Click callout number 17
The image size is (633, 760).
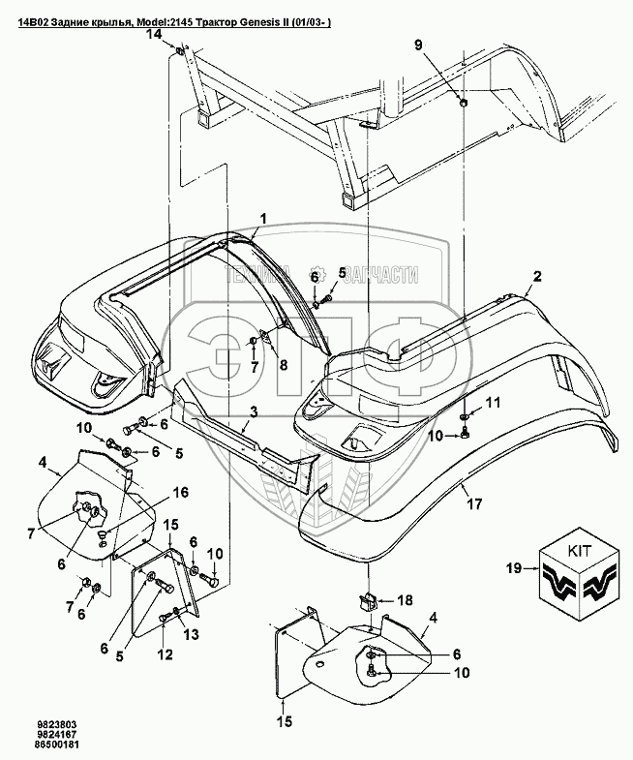pyautogui.click(x=473, y=502)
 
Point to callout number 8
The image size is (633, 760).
pyautogui.click(x=284, y=364)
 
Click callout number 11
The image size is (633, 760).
pyautogui.click(x=494, y=402)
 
